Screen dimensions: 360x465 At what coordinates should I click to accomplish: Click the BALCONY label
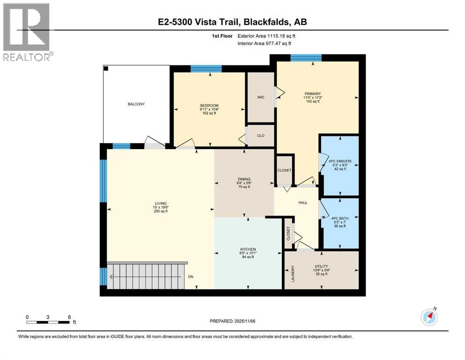point(136,104)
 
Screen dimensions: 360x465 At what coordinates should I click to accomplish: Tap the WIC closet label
point(261,97)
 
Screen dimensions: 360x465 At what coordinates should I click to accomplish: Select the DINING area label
point(244,179)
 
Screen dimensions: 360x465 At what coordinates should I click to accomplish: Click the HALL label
point(303,202)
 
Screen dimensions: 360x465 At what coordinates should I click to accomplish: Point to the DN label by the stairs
point(191,277)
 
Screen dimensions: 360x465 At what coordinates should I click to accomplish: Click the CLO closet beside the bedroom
point(261,135)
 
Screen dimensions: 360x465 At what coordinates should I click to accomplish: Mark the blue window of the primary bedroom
point(306,58)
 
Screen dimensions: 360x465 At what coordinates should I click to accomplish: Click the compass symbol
point(429,317)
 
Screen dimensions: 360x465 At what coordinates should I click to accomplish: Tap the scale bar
point(48,322)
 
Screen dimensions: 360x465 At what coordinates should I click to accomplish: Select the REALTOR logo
point(27,32)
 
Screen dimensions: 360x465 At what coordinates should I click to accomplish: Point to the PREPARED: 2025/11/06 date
point(232,321)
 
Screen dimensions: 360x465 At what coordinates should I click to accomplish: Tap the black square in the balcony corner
point(106,69)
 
